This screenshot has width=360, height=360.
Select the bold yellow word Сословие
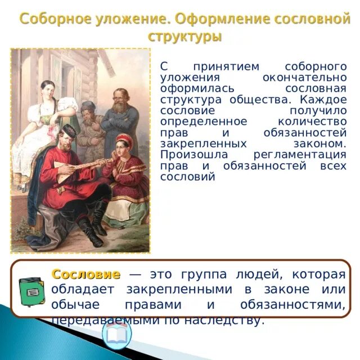[85, 274]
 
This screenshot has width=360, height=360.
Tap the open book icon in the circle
[118, 336]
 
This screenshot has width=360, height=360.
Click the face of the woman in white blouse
[47, 89]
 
